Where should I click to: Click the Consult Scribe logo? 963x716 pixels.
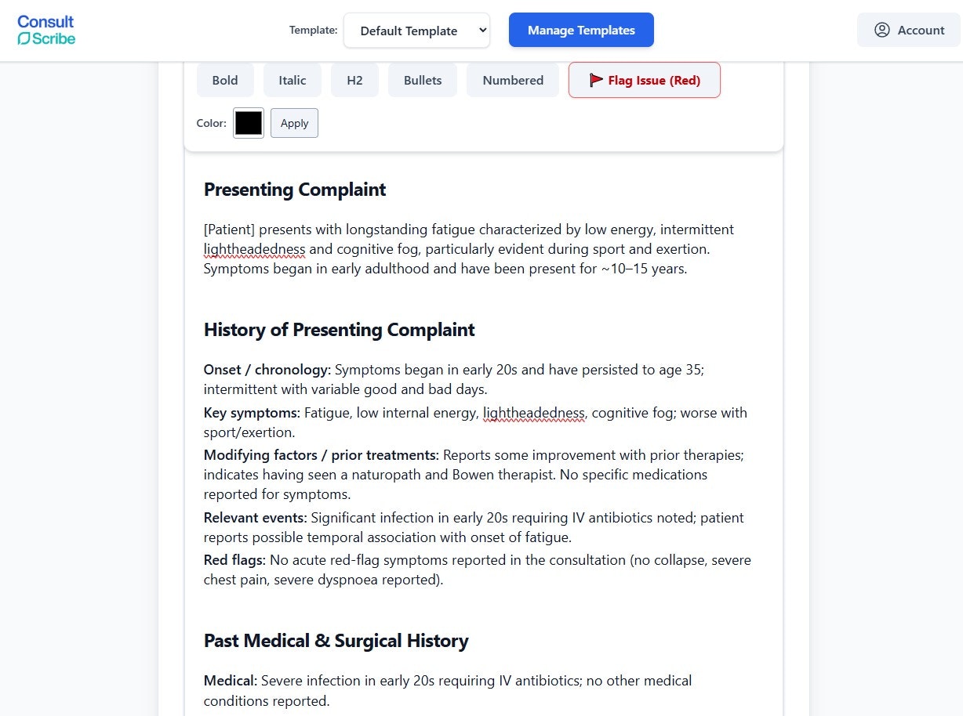point(46,30)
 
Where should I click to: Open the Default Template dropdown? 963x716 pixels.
point(416,31)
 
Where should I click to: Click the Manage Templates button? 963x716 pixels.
point(581,31)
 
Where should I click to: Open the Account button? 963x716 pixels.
point(909,31)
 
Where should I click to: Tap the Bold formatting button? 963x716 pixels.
point(225,81)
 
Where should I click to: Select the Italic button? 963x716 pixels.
point(292,81)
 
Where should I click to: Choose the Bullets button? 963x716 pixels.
point(423,81)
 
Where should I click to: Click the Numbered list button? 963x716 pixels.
point(513,81)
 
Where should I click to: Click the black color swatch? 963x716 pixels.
point(249,123)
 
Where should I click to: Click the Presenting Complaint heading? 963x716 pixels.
point(295,190)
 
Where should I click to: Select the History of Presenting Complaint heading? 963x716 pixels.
point(339,330)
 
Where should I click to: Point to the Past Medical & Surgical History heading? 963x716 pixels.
point(336,641)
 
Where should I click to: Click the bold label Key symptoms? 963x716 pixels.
point(252,413)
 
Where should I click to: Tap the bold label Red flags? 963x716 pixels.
point(234,560)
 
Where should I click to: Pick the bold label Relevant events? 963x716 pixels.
point(255,518)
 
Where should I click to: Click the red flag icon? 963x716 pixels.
point(596,80)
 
